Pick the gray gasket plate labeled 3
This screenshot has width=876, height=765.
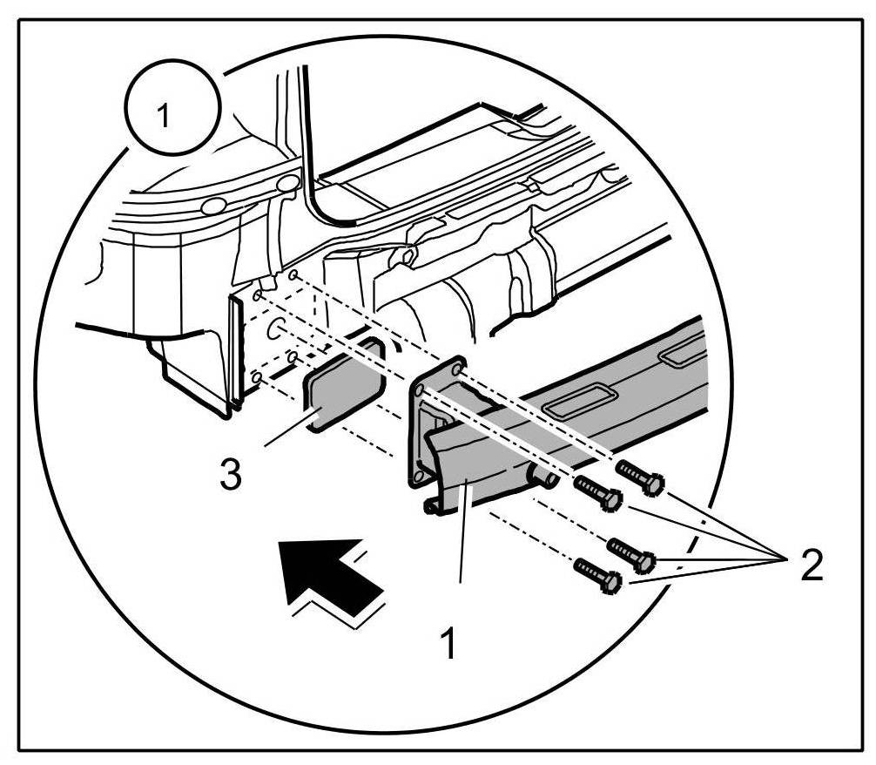(343, 384)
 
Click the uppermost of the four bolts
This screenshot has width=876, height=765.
(640, 476)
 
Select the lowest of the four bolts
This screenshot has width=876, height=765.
(596, 574)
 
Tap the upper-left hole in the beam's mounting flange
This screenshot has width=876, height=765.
(421, 386)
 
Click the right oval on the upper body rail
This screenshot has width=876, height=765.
(287, 186)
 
